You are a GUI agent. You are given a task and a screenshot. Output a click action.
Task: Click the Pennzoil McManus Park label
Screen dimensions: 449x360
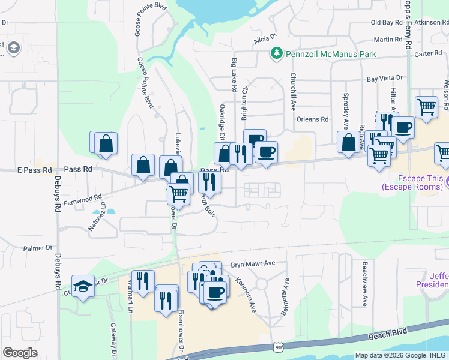331,54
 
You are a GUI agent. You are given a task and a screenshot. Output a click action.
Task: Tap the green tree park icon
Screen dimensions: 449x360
277,54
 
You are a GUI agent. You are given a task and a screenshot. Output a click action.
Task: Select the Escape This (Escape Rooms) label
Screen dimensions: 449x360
414,183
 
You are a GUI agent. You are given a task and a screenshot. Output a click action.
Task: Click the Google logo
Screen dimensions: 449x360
20,353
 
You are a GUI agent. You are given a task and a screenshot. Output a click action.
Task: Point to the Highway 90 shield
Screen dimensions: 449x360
277,347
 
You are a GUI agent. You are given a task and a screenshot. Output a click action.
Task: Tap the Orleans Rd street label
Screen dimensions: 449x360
313,119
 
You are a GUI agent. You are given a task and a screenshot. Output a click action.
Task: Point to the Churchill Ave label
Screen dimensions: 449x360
294,92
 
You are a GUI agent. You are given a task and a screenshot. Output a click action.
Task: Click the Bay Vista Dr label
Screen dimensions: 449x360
384,79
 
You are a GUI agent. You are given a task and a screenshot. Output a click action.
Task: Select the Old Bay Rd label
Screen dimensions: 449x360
387,22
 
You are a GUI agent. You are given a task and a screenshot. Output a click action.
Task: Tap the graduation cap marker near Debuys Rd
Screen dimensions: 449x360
83,285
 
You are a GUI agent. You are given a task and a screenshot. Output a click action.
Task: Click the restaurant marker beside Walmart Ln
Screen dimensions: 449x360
143,280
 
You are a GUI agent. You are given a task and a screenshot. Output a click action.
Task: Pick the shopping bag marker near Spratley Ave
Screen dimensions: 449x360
348,142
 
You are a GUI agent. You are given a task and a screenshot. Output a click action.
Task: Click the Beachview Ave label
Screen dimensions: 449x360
364,284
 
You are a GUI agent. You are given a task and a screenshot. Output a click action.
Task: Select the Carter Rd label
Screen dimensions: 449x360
428,53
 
